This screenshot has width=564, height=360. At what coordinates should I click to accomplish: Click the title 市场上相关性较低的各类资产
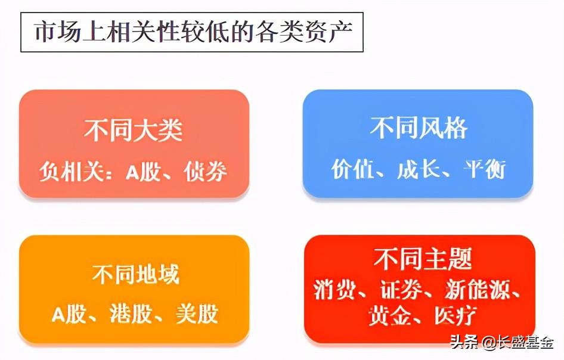click(193, 32)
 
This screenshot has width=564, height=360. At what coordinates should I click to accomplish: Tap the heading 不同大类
click(134, 130)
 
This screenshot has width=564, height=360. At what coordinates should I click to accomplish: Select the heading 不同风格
click(419, 128)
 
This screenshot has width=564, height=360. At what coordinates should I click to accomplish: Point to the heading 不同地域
click(135, 275)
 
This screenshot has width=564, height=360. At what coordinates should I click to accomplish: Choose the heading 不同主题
click(423, 259)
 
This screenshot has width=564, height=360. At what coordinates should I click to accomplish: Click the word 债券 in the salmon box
click(205, 171)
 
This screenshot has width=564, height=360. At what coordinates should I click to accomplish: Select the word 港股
click(131, 314)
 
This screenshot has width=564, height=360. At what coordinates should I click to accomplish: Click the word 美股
click(197, 314)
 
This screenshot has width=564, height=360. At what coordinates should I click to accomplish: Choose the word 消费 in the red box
click(335, 290)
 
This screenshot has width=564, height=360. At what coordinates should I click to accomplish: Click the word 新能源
click(478, 290)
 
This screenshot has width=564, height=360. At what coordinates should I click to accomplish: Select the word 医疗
click(455, 315)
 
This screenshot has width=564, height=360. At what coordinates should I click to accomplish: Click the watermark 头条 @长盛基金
click(502, 342)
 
